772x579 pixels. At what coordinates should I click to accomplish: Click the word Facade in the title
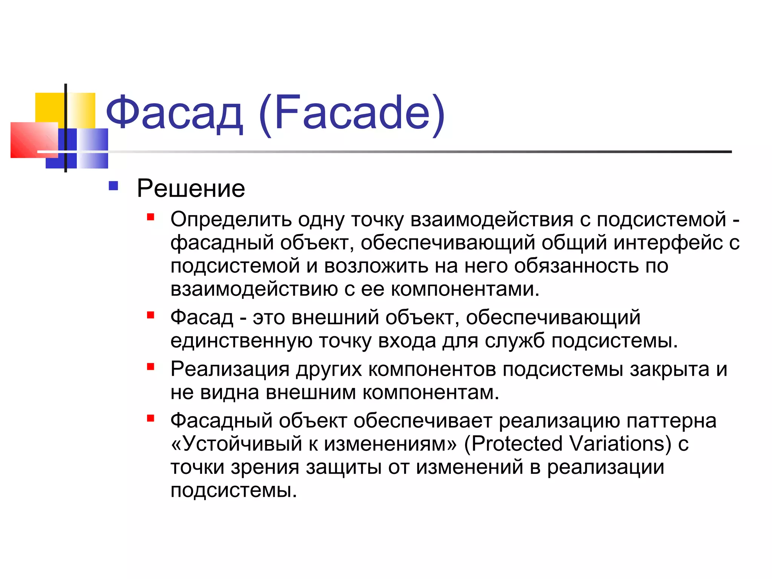click(352, 113)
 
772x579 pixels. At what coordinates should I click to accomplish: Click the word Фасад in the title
click(174, 113)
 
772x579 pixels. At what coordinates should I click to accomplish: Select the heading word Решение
click(191, 188)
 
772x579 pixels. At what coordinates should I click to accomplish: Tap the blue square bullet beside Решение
click(113, 186)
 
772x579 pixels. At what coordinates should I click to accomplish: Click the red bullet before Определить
click(151, 217)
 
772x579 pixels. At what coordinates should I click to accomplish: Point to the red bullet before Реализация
click(151, 366)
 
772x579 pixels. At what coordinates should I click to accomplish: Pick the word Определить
click(231, 220)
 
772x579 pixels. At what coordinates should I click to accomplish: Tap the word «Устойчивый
click(236, 443)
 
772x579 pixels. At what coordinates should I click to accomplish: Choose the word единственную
click(241, 341)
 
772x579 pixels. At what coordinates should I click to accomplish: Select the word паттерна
click(671, 421)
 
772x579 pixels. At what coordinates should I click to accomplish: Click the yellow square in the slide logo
click(49, 107)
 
